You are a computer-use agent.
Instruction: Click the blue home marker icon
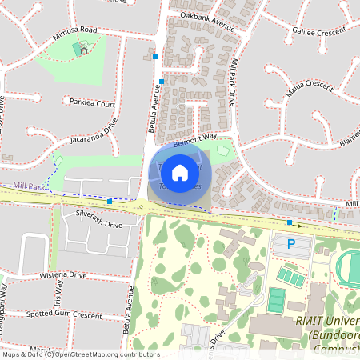point(180,171)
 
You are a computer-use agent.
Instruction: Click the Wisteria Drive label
point(62,274)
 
